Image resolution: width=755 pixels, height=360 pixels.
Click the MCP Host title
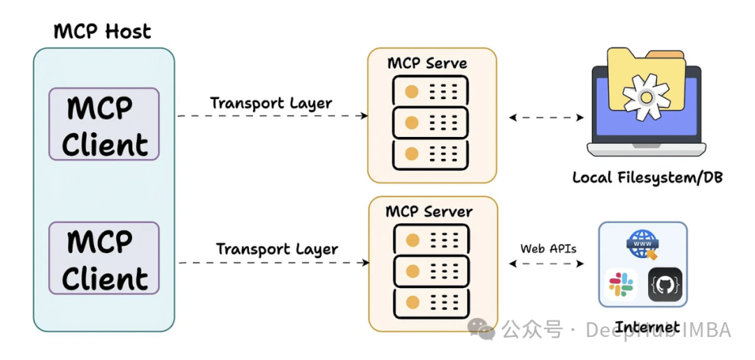(103, 31)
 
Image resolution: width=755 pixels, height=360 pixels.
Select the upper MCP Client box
(104, 124)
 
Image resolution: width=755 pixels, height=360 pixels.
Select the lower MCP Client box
(104, 259)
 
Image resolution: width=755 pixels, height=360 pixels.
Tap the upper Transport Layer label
(271, 103)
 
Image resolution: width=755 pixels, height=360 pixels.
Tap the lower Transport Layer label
(277, 249)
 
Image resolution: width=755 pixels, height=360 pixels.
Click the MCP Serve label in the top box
(427, 63)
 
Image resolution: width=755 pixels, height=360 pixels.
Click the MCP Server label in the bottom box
(429, 211)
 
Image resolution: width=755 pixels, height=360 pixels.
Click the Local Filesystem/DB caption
(647, 177)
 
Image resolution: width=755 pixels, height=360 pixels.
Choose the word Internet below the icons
(647, 326)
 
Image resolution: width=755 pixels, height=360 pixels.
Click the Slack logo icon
(621, 285)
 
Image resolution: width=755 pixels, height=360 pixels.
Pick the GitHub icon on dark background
(665, 285)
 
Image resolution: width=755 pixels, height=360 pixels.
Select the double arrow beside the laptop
(546, 117)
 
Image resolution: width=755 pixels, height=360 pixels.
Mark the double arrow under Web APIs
(546, 264)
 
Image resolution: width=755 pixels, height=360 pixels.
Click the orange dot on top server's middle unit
(412, 123)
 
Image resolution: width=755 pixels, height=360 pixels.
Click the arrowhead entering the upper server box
(364, 116)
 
